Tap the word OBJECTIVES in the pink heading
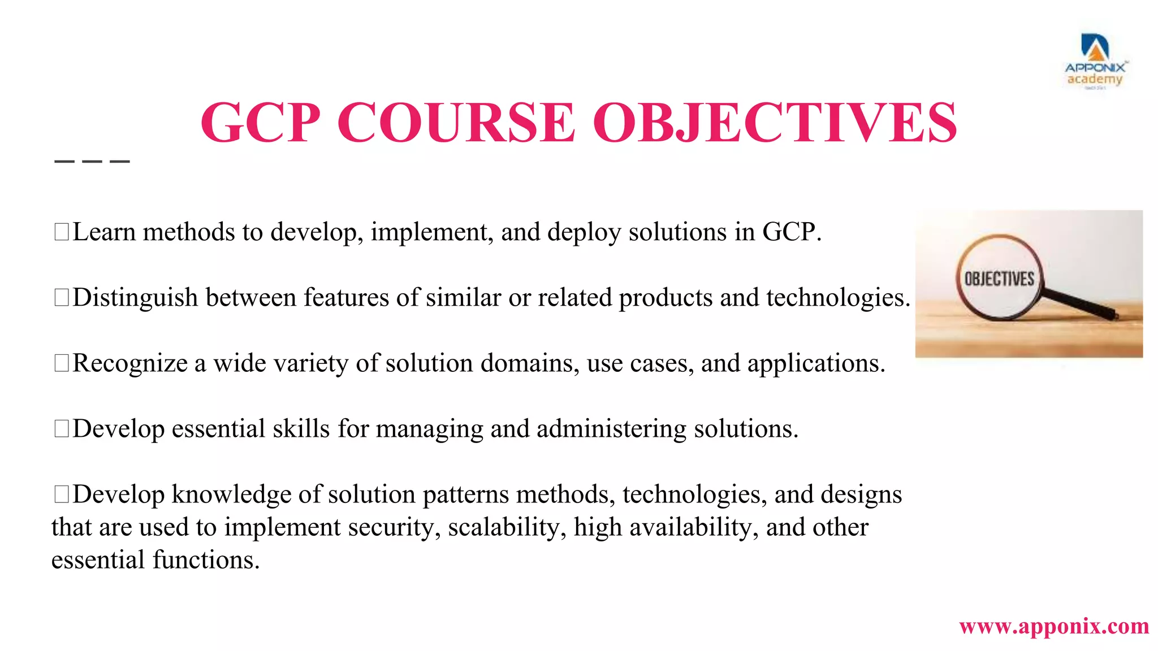[x=775, y=123]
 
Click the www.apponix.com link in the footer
[x=1054, y=626]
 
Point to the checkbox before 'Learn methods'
[x=61, y=232]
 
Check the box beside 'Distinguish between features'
[x=61, y=297]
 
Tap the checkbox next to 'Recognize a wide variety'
[x=61, y=363]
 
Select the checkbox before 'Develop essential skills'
[x=61, y=428]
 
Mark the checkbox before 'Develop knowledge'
[x=61, y=494]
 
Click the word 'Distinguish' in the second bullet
[x=135, y=298]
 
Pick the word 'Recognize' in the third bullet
[x=130, y=363]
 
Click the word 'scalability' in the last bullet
[x=507, y=527]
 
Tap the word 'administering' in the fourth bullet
[x=611, y=429]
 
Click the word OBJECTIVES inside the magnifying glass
[x=999, y=279]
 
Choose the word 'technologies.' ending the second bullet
[x=838, y=298]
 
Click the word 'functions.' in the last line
[x=206, y=560]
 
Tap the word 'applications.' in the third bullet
[x=816, y=363]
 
